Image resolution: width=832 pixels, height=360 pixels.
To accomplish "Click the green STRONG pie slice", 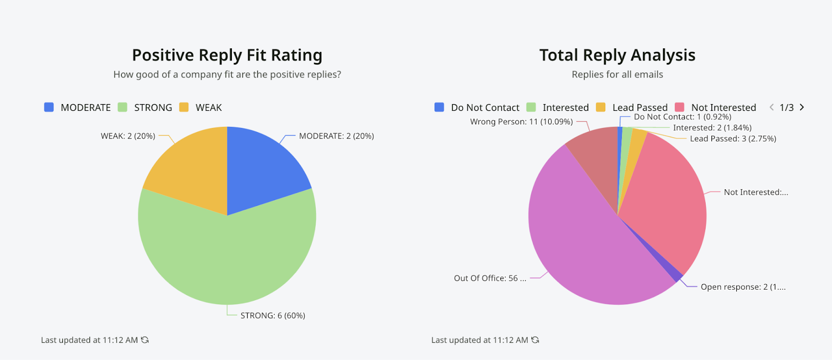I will (227, 260).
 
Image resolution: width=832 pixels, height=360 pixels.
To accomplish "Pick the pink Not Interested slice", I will (666, 198).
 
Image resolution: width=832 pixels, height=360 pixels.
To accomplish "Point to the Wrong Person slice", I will (595, 156).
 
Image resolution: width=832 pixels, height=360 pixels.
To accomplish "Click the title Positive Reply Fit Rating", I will (227, 55).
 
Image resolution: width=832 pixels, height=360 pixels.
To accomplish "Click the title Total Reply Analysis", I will (617, 55).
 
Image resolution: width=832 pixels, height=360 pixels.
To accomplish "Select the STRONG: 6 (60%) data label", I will (272, 316).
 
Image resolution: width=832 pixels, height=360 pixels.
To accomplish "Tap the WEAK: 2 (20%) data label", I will (128, 136).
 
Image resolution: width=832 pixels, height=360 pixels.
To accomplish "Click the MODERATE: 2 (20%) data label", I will (336, 136).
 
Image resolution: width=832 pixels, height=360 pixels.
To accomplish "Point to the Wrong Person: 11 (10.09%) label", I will (521, 122).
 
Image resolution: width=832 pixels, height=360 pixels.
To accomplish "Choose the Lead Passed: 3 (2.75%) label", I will (733, 139).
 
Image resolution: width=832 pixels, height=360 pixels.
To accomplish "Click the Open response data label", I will (743, 287).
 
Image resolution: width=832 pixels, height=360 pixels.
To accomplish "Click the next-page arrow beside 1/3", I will (802, 107).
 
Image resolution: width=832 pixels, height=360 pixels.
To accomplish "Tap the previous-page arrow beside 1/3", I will (772, 107).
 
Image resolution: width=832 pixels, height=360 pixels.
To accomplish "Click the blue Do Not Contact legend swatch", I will (439, 107).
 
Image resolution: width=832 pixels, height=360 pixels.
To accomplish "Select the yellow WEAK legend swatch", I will (184, 107).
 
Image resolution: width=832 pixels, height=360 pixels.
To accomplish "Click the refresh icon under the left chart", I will (145, 340).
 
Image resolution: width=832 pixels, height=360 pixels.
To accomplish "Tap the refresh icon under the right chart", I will (535, 340).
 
